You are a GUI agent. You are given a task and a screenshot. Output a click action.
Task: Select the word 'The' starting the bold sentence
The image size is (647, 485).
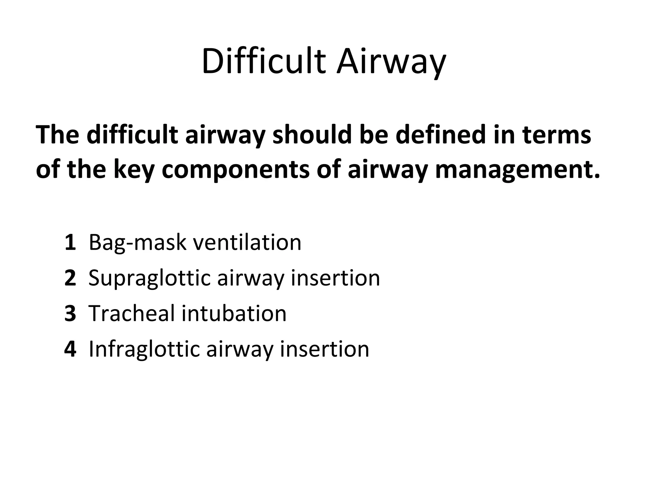[x=57, y=135]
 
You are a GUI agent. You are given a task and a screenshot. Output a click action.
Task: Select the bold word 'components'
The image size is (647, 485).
[x=236, y=170]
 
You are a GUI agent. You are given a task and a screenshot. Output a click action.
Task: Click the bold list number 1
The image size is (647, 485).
[x=70, y=243]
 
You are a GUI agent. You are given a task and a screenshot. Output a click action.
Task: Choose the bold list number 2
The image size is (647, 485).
[x=70, y=278]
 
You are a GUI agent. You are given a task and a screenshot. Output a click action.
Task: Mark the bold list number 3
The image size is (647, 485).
[x=70, y=314]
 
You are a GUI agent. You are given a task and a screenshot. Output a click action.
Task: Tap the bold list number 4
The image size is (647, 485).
[x=70, y=349]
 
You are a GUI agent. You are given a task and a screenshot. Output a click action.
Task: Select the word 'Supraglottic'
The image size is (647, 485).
[x=149, y=278]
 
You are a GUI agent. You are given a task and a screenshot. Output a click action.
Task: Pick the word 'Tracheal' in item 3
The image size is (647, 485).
[x=132, y=314]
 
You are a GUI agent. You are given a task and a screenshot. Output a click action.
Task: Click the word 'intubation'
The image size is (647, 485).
[x=234, y=314]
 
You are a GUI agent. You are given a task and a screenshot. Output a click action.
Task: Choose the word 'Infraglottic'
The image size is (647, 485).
[x=144, y=349]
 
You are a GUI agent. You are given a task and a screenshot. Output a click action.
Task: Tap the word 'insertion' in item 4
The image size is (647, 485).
[x=324, y=349]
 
